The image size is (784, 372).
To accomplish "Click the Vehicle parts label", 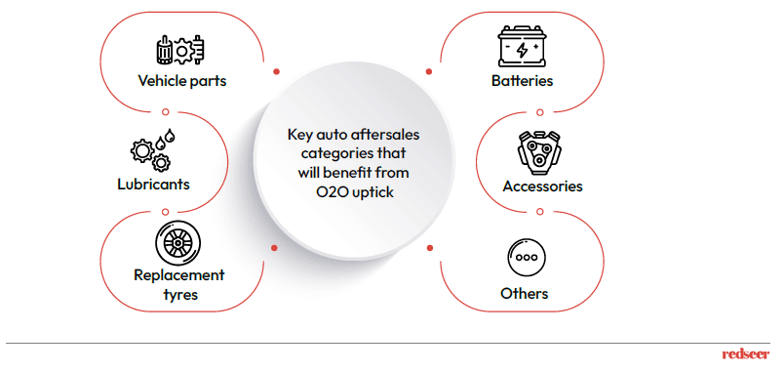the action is (x=182, y=81).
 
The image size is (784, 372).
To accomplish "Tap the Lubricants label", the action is (x=153, y=185).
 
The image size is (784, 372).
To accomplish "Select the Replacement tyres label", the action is (x=180, y=284).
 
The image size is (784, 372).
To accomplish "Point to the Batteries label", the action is (x=522, y=81).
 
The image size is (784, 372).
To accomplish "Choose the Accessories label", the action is (x=542, y=186).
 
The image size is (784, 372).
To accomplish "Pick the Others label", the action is (x=524, y=293).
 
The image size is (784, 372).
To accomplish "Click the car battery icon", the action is (x=522, y=46).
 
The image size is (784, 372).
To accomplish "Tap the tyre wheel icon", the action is (x=177, y=244).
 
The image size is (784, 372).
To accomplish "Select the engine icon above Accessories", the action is (x=539, y=152).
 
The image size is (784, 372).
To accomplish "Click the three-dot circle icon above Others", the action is (x=527, y=258).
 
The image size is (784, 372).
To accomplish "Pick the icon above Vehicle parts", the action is (x=181, y=50).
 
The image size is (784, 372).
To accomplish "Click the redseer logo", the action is (x=746, y=354).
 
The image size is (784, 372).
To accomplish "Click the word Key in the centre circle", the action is (x=298, y=135).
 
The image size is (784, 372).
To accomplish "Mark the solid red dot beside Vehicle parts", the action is (x=276, y=71).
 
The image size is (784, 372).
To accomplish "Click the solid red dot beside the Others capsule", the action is (x=429, y=248).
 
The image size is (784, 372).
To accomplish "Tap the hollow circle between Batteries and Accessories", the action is (x=539, y=112).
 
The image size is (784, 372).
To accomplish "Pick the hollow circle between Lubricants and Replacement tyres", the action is (x=165, y=212).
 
